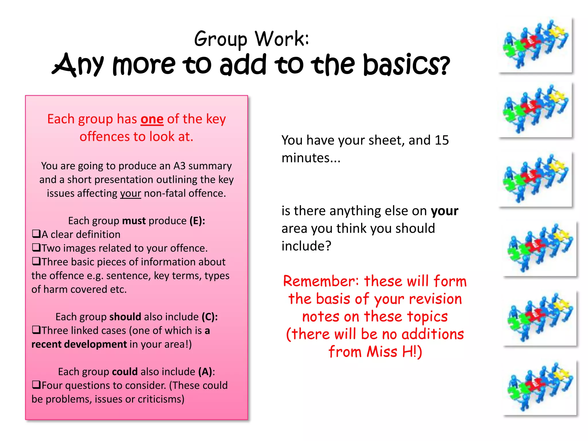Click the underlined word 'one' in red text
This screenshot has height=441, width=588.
point(152,119)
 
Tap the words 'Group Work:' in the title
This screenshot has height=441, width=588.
point(252,39)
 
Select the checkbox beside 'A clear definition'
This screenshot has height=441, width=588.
point(36,234)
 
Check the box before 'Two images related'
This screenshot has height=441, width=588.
point(36,247)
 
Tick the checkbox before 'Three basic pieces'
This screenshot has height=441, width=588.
point(36,261)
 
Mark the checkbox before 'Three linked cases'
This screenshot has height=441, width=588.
point(36,330)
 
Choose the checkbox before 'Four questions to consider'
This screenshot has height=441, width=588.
point(36,385)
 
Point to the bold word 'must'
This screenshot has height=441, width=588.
point(134,221)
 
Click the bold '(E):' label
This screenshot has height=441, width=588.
point(197,221)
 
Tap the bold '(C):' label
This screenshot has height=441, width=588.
point(210,317)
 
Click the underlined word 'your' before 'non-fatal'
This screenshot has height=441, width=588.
point(130,194)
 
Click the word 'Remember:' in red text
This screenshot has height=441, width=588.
point(321,281)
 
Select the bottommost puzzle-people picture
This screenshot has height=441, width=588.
point(540,388)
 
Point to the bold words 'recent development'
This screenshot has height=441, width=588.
point(79,344)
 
